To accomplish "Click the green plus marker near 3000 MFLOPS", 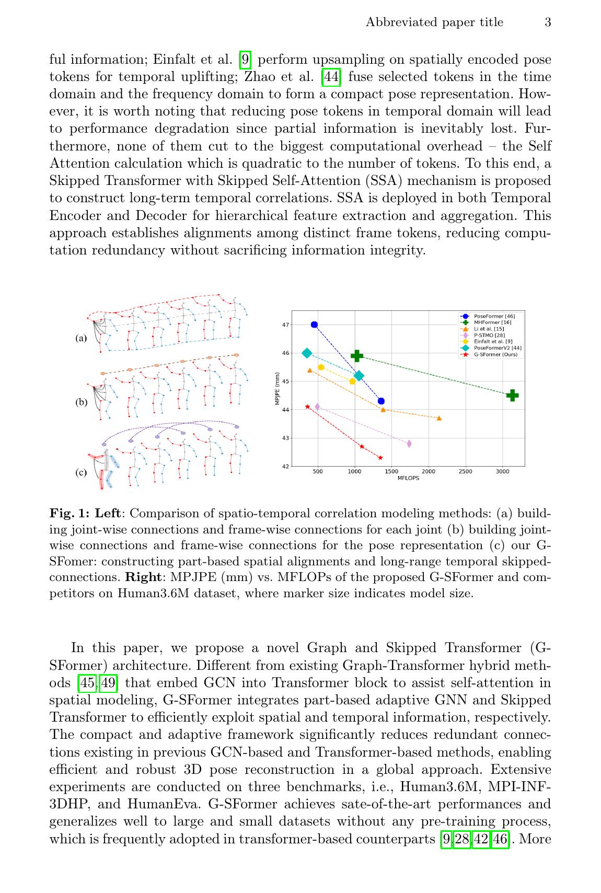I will [512, 395].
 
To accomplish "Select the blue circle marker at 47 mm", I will [314, 324].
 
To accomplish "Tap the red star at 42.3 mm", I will [380, 458].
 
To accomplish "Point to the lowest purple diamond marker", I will [409, 444].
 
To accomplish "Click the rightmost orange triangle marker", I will [439, 418].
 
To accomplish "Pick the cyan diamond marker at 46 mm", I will [307, 353].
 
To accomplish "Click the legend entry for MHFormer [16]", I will [492, 322].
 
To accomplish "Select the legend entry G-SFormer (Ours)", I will [494, 354].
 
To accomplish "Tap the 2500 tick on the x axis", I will [465, 471].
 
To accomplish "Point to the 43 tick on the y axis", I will [286, 438].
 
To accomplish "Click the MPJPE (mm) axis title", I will [277, 388].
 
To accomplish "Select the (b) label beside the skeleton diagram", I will [81, 402].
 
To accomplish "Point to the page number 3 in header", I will [548, 22].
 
